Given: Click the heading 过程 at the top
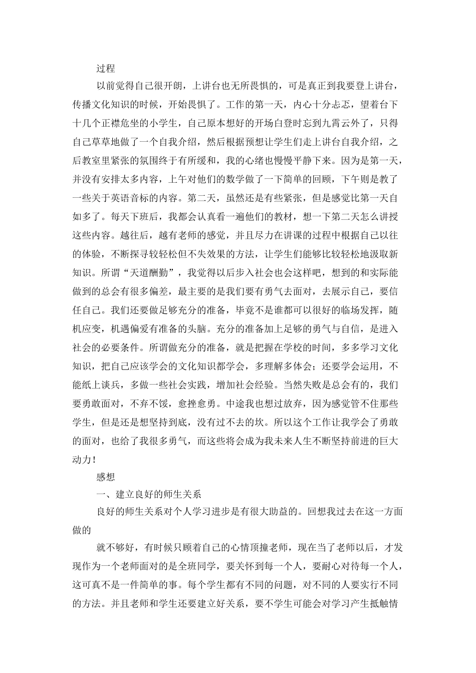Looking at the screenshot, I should [106, 69].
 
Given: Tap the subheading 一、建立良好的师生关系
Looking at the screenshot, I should [149, 494].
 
